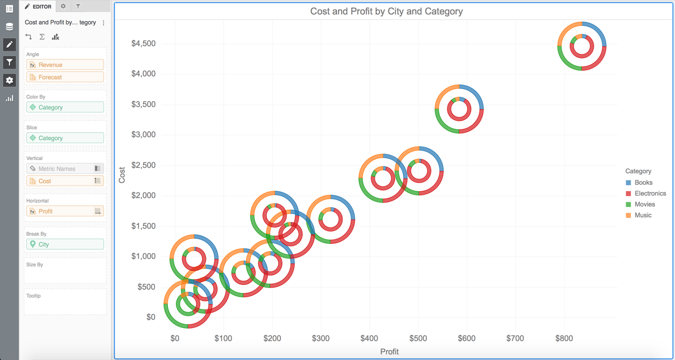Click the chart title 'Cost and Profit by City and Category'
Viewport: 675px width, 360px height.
click(386, 11)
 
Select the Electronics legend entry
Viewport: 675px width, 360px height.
click(650, 194)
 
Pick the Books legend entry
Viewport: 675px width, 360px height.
click(643, 183)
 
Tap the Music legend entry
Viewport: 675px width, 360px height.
click(643, 215)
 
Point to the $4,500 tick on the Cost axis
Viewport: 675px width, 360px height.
click(143, 44)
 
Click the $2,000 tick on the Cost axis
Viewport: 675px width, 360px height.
click(143, 196)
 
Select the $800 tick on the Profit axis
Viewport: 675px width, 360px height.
click(564, 339)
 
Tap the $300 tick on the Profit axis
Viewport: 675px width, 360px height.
click(320, 339)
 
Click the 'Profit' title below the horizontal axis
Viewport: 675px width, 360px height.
click(389, 352)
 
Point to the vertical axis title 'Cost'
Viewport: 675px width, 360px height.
click(122, 175)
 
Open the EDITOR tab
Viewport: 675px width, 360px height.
click(38, 6)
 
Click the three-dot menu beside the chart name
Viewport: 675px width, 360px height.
click(103, 23)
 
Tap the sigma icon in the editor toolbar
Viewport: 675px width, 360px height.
click(42, 37)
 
